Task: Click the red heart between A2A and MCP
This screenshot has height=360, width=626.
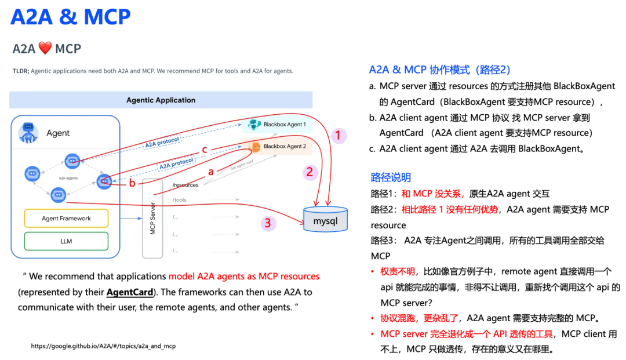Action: click(x=45, y=49)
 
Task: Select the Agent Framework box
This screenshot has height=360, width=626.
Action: click(x=66, y=219)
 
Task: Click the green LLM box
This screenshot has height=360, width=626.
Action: click(x=66, y=241)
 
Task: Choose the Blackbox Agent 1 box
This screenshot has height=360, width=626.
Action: click(x=278, y=125)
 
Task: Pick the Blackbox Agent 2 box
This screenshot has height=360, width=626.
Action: click(x=278, y=147)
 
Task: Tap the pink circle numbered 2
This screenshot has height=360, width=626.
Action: click(x=310, y=172)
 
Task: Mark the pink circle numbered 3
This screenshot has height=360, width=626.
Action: click(x=267, y=223)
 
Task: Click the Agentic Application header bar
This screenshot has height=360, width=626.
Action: click(x=161, y=100)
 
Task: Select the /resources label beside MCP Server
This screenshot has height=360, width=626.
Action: click(x=185, y=185)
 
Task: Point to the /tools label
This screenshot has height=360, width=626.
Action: click(x=179, y=200)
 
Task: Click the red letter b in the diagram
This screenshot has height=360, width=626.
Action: click(x=132, y=184)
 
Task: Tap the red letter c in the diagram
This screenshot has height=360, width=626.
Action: click(x=204, y=150)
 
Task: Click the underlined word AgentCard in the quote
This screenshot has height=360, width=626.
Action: click(x=130, y=292)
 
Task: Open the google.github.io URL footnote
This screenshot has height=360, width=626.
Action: click(x=103, y=346)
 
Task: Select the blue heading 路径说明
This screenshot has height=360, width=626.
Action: click(x=391, y=177)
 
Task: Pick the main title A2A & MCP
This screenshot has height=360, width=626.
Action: click(x=70, y=17)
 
